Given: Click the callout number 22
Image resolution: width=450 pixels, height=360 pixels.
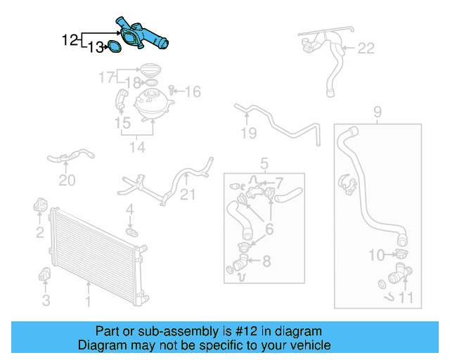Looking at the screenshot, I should click(366, 49).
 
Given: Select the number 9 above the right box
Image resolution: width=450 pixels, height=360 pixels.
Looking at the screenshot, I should click(377, 111).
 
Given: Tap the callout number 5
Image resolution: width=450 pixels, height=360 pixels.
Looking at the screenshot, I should click(264, 164).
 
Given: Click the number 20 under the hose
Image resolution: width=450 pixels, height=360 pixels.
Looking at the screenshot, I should click(66, 181).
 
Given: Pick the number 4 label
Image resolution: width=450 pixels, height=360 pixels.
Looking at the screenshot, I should click(129, 210).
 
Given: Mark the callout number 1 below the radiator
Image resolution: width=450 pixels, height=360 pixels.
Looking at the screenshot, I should click(88, 302).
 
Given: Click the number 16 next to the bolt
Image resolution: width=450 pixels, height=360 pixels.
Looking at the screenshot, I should click(193, 91).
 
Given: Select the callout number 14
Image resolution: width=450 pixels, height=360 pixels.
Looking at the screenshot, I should click(136, 147).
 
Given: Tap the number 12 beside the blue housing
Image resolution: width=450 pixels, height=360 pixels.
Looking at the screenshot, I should click(70, 40).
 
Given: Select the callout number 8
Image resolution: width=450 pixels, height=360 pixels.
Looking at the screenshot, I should click(266, 262).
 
